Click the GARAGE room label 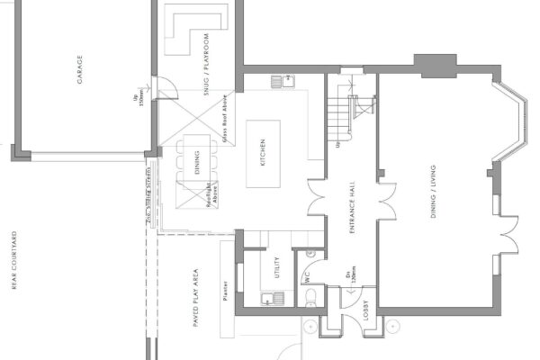pyautogui.click(x=79, y=68)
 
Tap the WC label pyautogui.click(x=308, y=280)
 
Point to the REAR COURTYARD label pyautogui.click(x=15, y=261)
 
